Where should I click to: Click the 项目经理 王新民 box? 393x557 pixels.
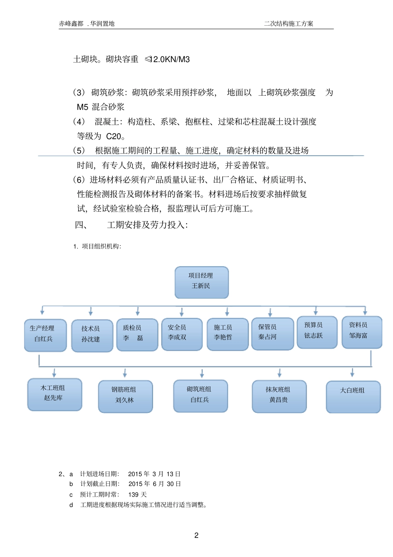tap(201, 282)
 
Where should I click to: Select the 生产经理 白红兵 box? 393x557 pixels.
tap(45, 335)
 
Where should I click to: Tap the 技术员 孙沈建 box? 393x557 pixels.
tap(92, 335)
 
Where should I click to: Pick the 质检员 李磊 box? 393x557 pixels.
tap(137, 335)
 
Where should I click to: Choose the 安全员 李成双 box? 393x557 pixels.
tap(182, 334)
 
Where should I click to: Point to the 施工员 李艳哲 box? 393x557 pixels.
tap(227, 334)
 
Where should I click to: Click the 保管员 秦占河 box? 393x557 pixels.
tap(272, 334)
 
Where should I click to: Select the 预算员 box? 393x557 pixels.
tap(317, 332)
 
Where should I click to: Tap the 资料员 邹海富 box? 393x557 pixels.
tap(362, 332)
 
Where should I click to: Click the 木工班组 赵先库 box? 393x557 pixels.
tap(55, 394)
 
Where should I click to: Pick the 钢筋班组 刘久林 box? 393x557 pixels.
tap(125, 396)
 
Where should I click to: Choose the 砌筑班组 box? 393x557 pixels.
tap(200, 396)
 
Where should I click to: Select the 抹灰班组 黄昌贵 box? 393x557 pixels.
tap(279, 396)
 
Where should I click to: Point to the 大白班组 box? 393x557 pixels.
tap(353, 397)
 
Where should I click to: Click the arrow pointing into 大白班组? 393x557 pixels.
tap(352, 372)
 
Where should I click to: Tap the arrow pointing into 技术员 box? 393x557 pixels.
tap(91, 311)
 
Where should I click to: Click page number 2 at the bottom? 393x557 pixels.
tap(196, 535)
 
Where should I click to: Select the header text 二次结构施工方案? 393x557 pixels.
tap(288, 24)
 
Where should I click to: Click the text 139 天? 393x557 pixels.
tap(137, 494)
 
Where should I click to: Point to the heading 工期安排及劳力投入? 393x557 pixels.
tap(147, 225)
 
